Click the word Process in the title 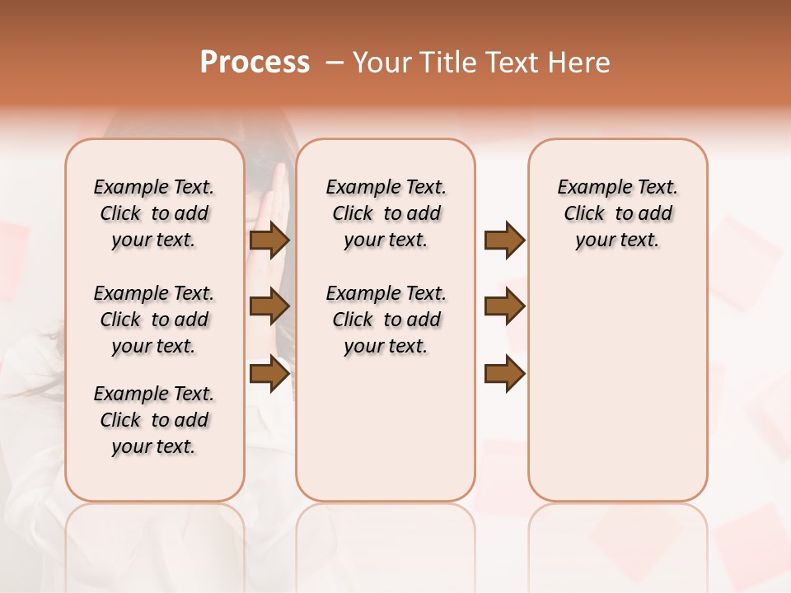tap(255, 63)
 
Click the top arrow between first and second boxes tap(269, 240)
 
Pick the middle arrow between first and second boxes tap(269, 307)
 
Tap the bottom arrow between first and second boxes tap(269, 374)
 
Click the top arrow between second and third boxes tap(504, 240)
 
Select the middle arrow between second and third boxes tap(504, 307)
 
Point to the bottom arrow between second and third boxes tap(504, 374)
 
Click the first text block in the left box tap(154, 213)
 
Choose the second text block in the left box tap(154, 320)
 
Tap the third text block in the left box tap(154, 420)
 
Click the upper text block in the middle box tap(386, 213)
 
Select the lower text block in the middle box tap(386, 320)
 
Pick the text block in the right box tap(618, 213)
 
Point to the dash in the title tap(335, 63)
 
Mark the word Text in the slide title tap(511, 63)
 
